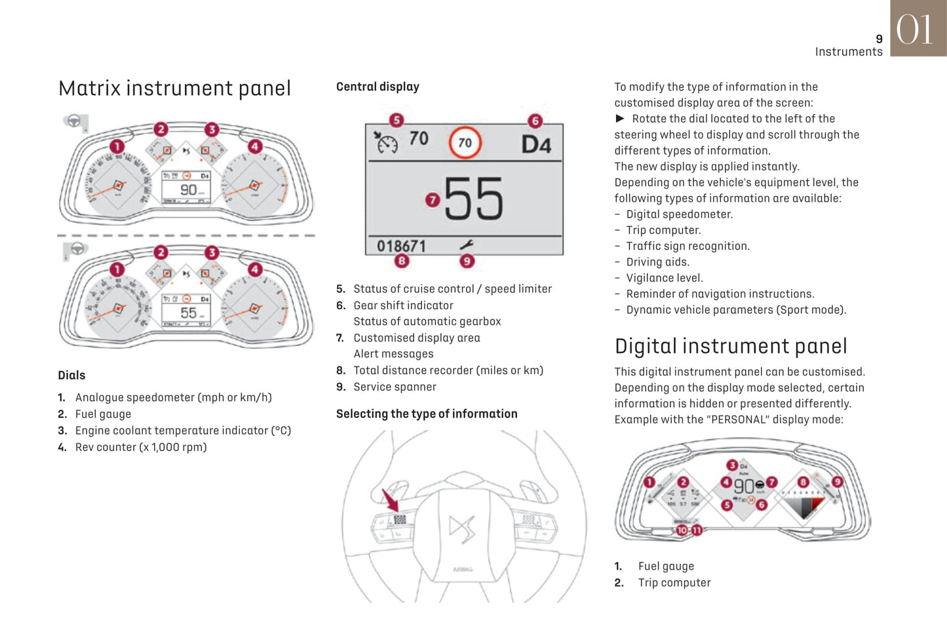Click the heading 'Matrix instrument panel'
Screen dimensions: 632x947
click(x=174, y=89)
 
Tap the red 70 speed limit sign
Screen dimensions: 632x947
click(x=465, y=142)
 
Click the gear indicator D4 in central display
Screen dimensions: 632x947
click(x=535, y=144)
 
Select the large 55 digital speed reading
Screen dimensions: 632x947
click(x=474, y=199)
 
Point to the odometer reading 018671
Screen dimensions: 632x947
click(x=401, y=246)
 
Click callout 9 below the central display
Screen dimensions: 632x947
click(x=467, y=261)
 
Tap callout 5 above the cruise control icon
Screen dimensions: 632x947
click(x=396, y=120)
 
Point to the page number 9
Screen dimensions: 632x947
click(x=879, y=39)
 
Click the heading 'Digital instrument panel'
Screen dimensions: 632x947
click(x=731, y=346)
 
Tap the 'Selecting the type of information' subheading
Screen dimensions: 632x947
click(x=427, y=414)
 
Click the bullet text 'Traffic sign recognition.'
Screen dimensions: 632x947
click(x=687, y=246)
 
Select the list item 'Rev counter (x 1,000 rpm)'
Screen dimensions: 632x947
click(x=141, y=447)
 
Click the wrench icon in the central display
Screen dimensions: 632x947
click(x=467, y=245)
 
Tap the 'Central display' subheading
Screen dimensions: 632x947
click(x=377, y=87)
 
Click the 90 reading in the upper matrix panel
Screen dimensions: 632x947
click(x=188, y=189)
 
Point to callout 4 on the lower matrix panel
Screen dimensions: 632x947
click(x=255, y=269)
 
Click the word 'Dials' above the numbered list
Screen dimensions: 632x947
click(x=71, y=375)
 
